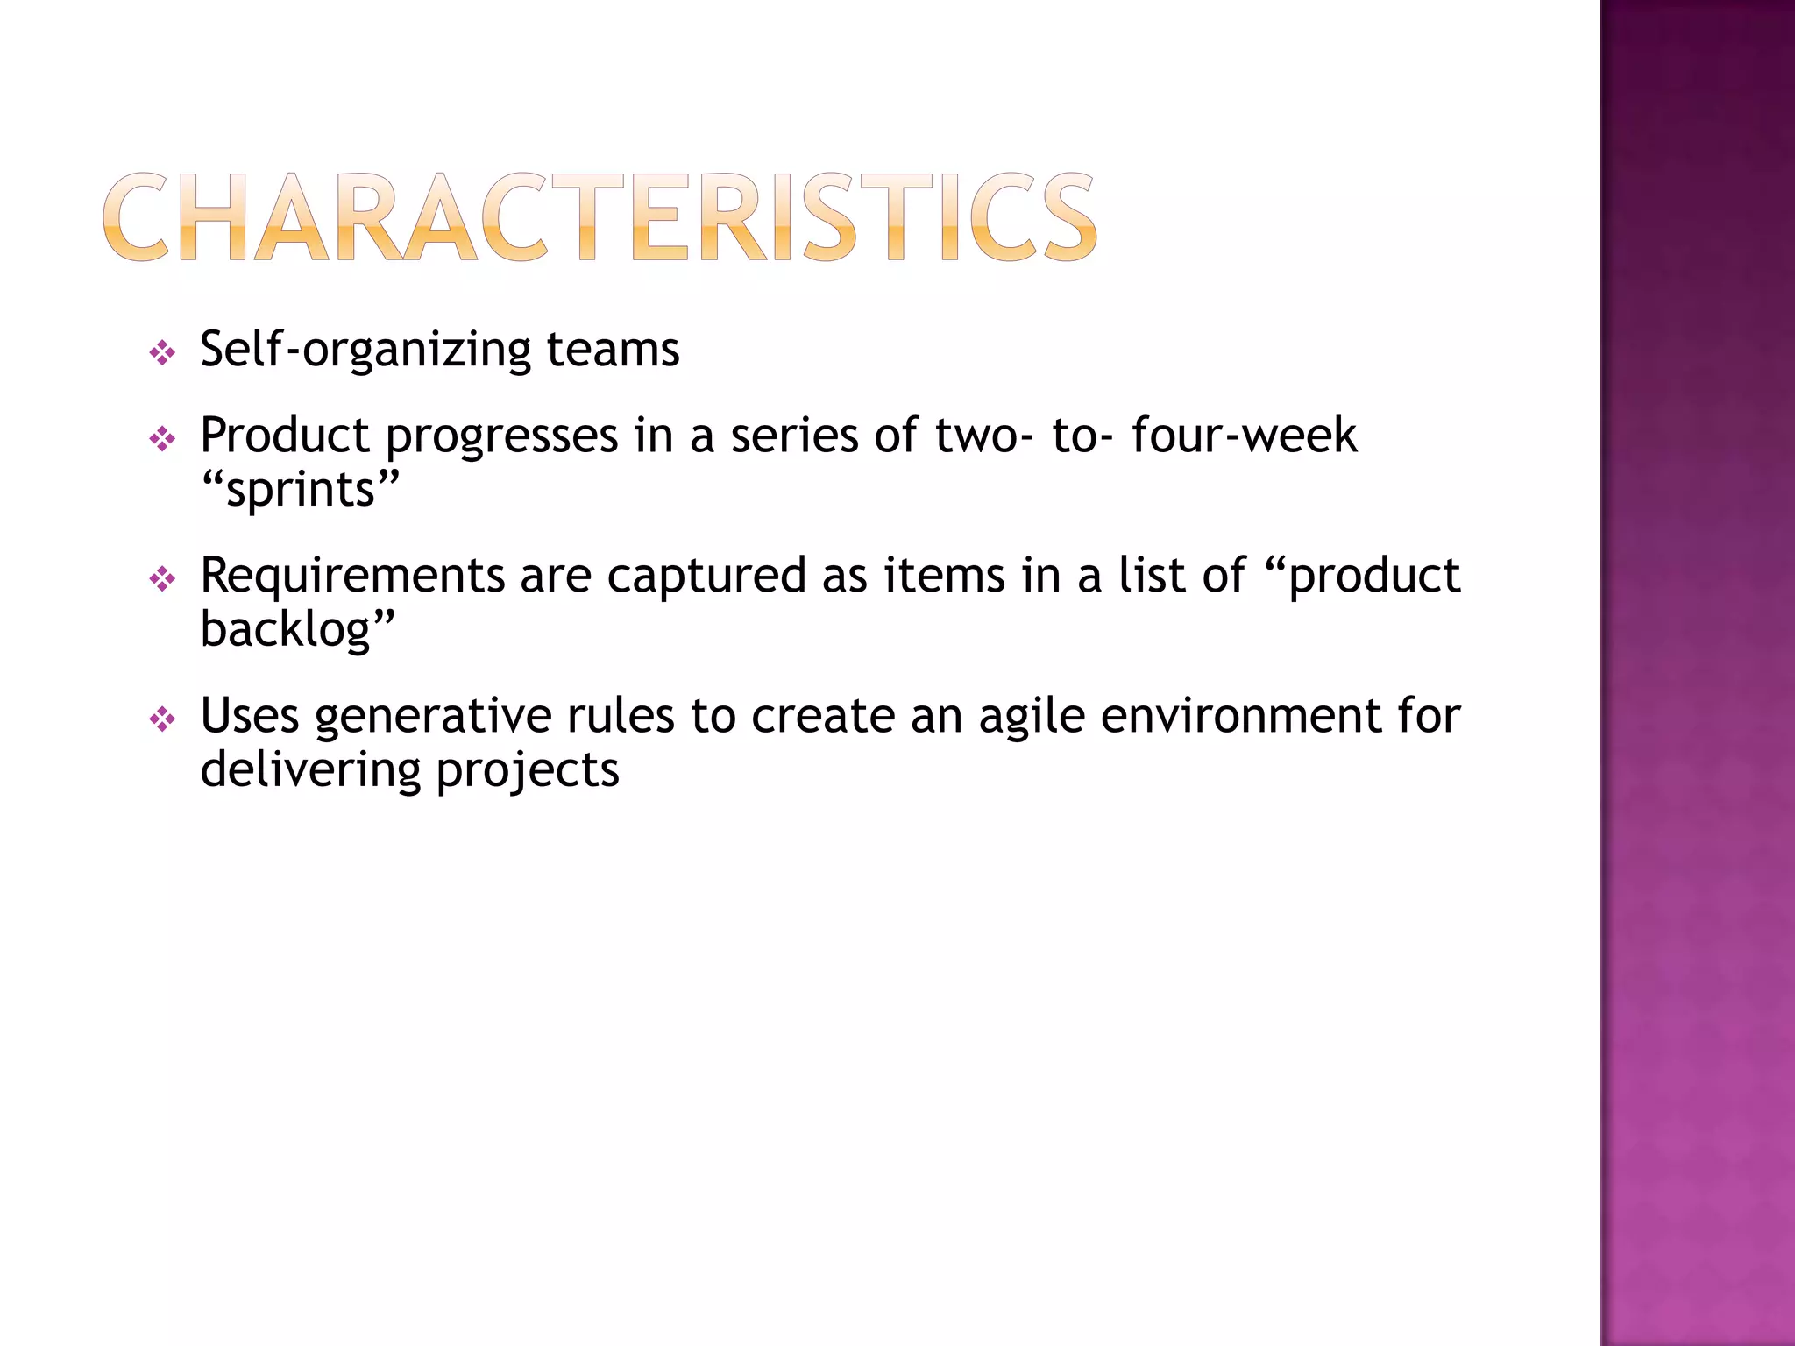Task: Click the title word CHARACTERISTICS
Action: click(600, 216)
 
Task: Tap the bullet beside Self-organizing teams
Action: click(162, 353)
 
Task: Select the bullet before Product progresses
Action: click(162, 439)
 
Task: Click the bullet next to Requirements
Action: click(162, 578)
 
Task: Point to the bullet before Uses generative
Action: click(162, 719)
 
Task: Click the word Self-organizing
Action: click(365, 350)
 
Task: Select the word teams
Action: click(613, 350)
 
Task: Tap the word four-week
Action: click(1244, 436)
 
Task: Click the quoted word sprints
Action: click(301, 490)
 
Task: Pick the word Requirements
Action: click(352, 576)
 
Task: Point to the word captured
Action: click(706, 576)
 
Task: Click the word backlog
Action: click(287, 630)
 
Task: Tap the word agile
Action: click(1032, 716)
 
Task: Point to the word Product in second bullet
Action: click(285, 436)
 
